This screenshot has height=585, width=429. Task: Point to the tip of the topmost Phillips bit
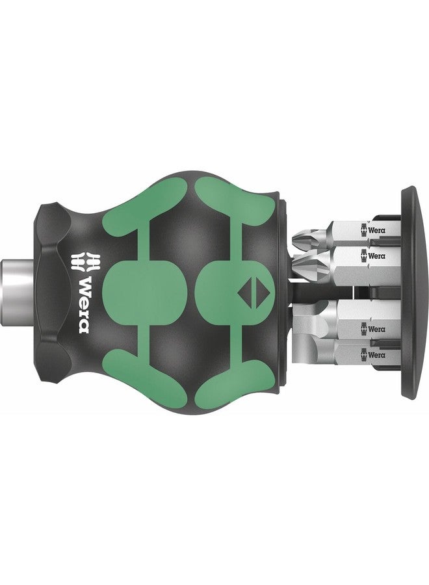[298, 237]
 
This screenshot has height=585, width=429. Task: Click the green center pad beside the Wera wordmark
[136, 292]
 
